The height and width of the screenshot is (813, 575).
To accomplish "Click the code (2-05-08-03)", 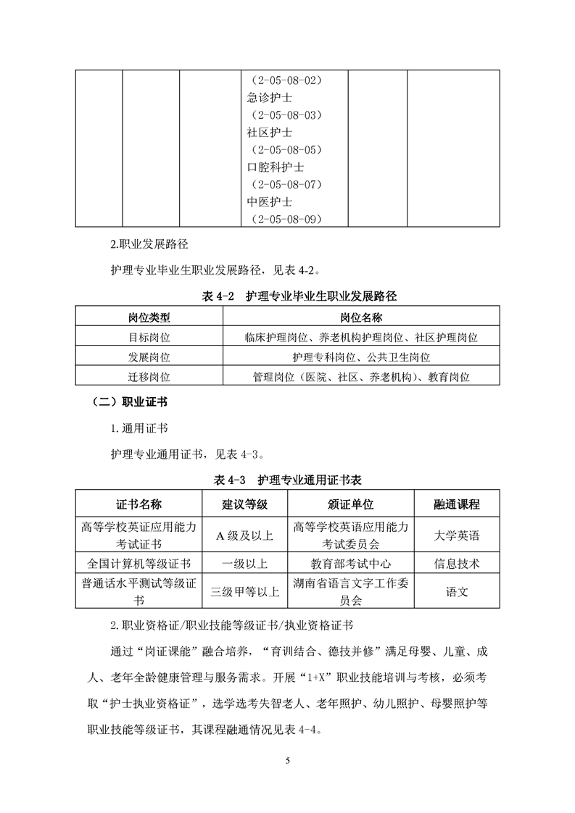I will tap(286, 114).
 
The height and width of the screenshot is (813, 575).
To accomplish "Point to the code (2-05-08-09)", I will tap(286, 219).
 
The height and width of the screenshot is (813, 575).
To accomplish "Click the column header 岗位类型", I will tap(149, 317).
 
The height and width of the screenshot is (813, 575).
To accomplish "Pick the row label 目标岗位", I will tap(149, 338).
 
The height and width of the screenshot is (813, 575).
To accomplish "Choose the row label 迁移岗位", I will tap(149, 377).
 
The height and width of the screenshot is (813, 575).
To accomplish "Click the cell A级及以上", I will tap(244, 535).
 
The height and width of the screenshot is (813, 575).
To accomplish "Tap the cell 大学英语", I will tap(457, 535).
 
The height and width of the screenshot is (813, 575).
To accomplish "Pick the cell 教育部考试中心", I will tap(350, 563).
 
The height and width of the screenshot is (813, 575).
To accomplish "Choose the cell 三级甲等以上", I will tap(244, 591).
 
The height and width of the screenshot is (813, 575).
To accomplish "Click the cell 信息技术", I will tap(457, 563).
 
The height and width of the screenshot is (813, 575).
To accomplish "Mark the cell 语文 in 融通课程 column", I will tap(457, 591).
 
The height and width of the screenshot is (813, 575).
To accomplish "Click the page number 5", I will tap(288, 761).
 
